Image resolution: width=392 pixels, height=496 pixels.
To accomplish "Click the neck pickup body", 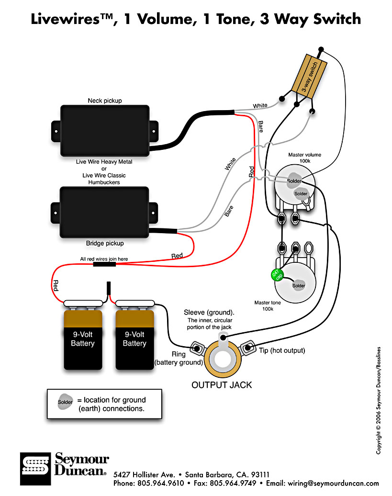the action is pyautogui.click(x=105, y=131).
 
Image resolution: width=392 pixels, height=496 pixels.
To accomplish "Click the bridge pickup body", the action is pyautogui.click(x=104, y=212).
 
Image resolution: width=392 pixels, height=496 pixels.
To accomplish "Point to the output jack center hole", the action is pyautogui.click(x=223, y=360).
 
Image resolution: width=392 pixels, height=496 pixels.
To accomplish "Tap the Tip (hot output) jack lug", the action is pyautogui.click(x=248, y=348).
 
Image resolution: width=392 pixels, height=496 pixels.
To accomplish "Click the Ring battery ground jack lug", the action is pyautogui.click(x=197, y=348).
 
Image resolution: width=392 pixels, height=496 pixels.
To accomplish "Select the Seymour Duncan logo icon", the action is pyautogui.click(x=35, y=469).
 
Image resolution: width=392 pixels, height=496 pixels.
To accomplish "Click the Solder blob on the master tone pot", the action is pyautogui.click(x=298, y=285).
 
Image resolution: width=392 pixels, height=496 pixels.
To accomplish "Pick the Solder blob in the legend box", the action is pyautogui.click(x=65, y=402).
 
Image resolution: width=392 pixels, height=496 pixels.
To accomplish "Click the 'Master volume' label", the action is pyautogui.click(x=304, y=155).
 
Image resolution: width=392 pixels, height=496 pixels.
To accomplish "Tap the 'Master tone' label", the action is pyautogui.click(x=268, y=303).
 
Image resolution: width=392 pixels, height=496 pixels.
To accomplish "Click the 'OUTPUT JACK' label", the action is pyautogui.click(x=222, y=385).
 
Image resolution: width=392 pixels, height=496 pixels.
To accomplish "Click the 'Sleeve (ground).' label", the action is pyautogui.click(x=209, y=313).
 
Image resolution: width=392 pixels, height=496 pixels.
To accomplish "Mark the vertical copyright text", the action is pyautogui.click(x=379, y=400).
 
